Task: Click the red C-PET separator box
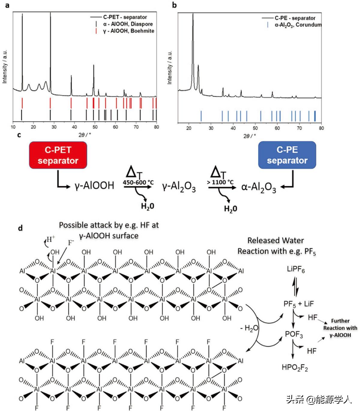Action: click(x=58, y=155)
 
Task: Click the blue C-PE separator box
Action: click(x=287, y=155)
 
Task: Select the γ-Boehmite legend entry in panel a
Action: click(x=128, y=31)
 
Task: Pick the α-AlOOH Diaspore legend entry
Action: click(x=128, y=24)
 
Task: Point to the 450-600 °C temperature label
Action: click(x=138, y=182)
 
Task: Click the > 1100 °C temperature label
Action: click(x=220, y=182)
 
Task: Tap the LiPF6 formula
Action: click(x=296, y=270)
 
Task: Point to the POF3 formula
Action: click(x=294, y=334)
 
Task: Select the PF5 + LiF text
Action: click(x=298, y=304)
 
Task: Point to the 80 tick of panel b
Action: click(x=321, y=128)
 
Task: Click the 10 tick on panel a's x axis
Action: click(x=13, y=127)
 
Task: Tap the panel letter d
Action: click(x=20, y=228)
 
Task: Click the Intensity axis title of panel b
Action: click(x=170, y=67)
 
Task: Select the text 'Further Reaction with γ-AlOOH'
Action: click(x=340, y=328)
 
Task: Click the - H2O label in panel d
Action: click(x=249, y=328)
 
